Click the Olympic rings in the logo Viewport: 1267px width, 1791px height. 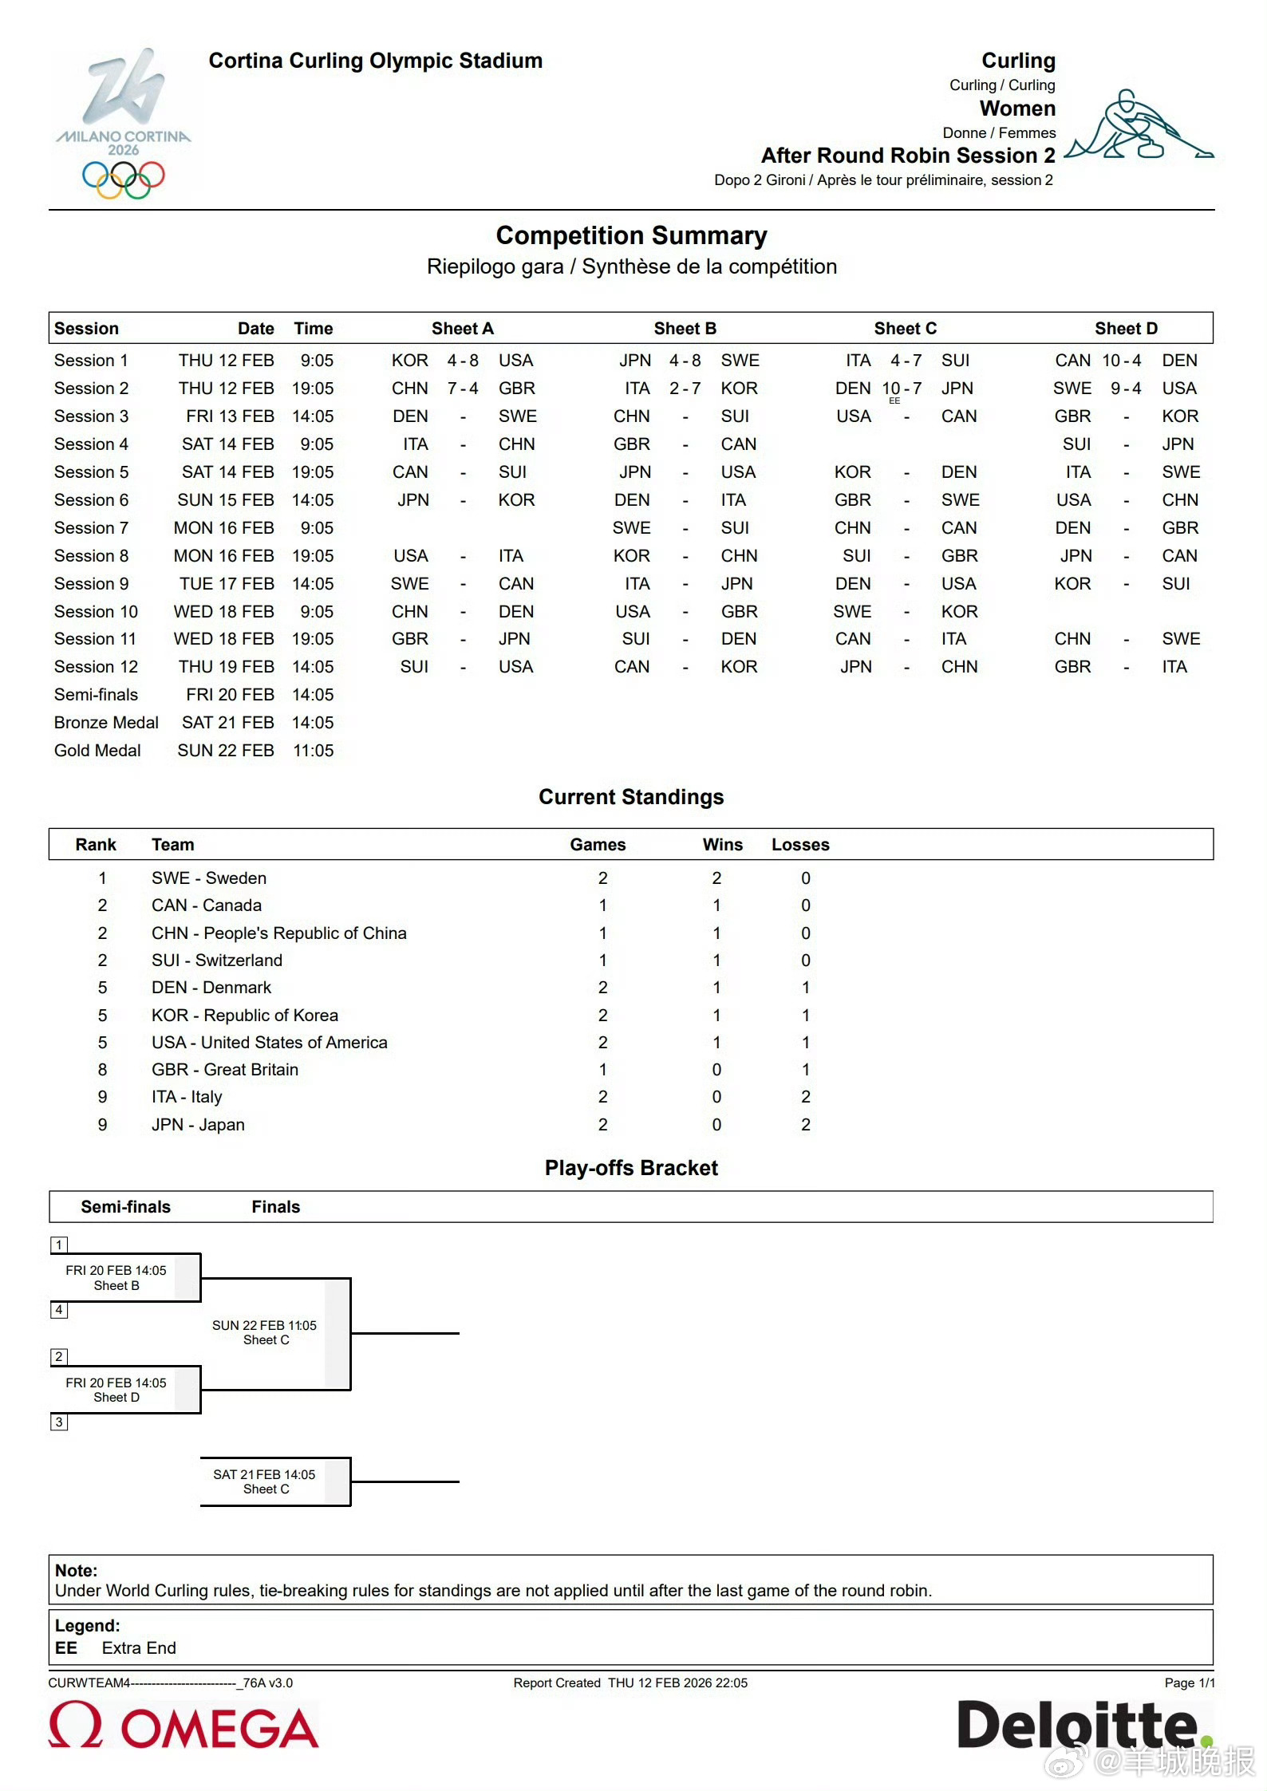pos(123,179)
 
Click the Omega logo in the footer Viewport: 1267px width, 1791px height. pos(184,1726)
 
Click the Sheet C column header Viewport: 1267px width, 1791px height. pos(905,329)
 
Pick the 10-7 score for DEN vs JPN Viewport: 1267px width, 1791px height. pos(902,389)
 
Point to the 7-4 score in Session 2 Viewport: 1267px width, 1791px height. pos(463,389)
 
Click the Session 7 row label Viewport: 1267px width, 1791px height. pos(91,528)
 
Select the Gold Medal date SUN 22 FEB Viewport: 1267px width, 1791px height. pos(226,751)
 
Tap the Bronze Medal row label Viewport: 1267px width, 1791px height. pos(106,723)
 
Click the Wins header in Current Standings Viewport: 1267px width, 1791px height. pos(722,845)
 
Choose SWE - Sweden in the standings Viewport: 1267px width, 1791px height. pos(209,878)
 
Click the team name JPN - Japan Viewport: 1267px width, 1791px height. pos(198,1125)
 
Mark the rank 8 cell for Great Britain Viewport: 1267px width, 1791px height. pos(102,1070)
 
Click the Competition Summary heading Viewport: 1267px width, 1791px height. pos(631,235)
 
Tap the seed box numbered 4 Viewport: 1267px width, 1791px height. pos(59,1310)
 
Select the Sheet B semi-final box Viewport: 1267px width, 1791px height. pos(116,1278)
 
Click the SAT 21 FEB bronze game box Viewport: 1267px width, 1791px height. pos(265,1481)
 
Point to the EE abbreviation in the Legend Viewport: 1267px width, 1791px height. pos(66,1648)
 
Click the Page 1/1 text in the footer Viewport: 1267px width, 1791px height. pos(1189,1683)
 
